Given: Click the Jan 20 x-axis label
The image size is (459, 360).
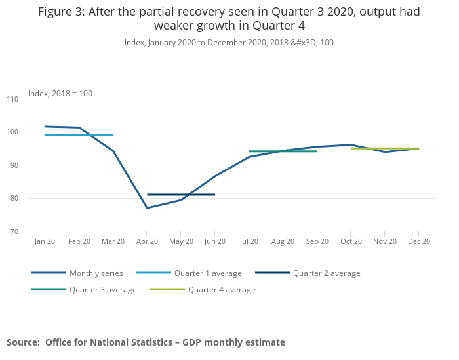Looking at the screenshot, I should (45, 242).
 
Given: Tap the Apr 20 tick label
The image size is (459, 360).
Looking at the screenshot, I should (147, 242).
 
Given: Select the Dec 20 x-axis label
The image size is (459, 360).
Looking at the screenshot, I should (419, 242).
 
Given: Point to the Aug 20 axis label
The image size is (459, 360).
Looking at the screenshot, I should (283, 242).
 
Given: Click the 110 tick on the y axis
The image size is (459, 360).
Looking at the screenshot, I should (31, 99).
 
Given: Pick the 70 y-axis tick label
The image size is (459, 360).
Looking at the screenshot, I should (32, 231).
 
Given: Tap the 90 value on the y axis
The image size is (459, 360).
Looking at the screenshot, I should (32, 165).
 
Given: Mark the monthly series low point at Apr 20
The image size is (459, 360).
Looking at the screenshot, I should (147, 208).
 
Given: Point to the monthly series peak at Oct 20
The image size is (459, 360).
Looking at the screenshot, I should (351, 145).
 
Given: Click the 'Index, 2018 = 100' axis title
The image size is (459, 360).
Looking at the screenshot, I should (60, 94).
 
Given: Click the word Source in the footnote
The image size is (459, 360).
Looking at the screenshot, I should (22, 342).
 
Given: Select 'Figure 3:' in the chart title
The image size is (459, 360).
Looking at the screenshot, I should (61, 12).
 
